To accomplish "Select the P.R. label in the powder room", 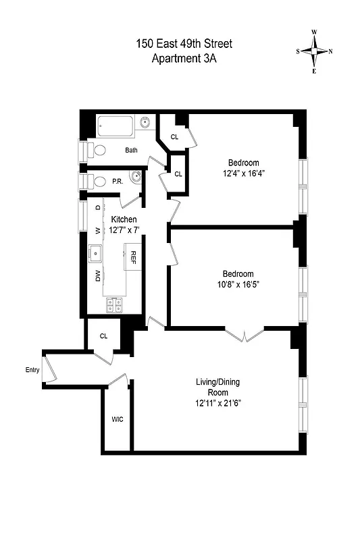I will [117, 181].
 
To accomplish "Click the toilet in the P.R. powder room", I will [97, 180].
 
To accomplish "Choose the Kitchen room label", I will [124, 220].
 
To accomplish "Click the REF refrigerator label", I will [134, 258].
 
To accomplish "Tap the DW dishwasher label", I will [97, 275].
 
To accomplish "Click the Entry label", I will [32, 370].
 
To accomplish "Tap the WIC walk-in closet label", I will [117, 419].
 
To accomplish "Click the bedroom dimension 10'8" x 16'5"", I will [238, 284].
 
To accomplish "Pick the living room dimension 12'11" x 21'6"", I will [217, 403].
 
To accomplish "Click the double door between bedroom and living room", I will [244, 333].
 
